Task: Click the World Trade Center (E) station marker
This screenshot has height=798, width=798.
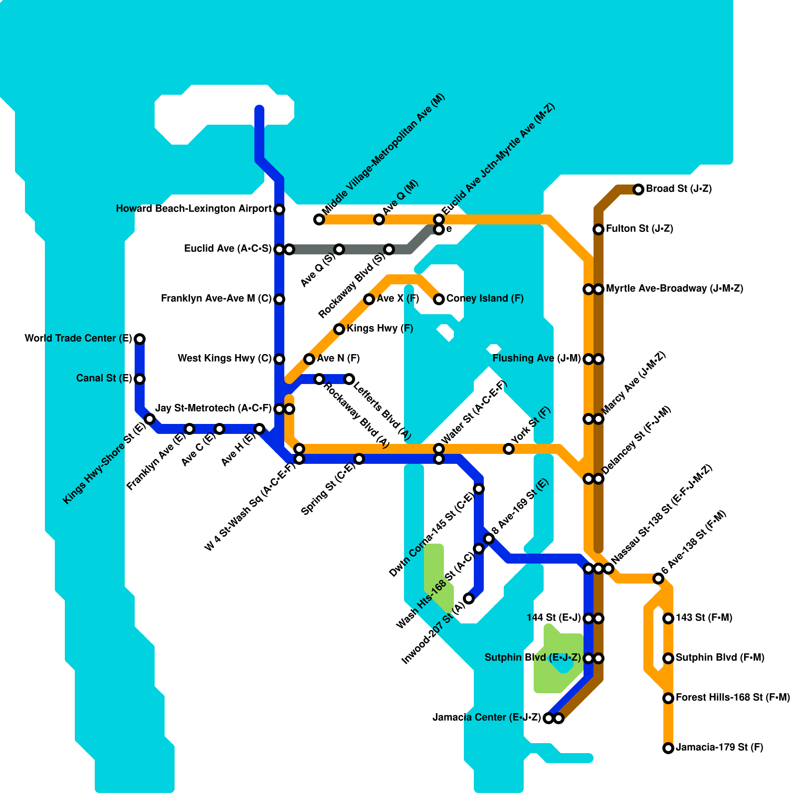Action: click(x=140, y=339)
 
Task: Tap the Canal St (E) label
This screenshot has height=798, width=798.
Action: click(x=104, y=379)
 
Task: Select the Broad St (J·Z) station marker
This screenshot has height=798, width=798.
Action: click(x=638, y=190)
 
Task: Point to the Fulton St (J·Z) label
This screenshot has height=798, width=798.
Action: click(x=639, y=229)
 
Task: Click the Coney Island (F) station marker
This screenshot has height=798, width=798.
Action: click(x=439, y=299)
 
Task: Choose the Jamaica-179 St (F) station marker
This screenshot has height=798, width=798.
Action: click(x=668, y=748)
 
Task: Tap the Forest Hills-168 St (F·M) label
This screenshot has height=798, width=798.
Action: click(x=733, y=698)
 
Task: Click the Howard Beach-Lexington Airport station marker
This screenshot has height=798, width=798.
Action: click(x=279, y=209)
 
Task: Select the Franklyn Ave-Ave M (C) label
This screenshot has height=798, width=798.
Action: click(x=216, y=299)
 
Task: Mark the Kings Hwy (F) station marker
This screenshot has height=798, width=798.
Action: click(x=339, y=329)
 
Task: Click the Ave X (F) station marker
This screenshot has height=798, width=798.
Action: click(x=369, y=299)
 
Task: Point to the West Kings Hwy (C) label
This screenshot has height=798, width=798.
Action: click(x=224, y=359)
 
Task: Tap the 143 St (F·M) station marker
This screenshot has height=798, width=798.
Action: click(x=668, y=618)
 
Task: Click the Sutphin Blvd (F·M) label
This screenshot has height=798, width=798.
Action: click(x=720, y=658)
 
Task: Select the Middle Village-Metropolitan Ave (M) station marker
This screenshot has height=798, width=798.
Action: click(x=319, y=219)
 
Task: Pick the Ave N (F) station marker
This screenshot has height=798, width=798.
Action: click(x=309, y=359)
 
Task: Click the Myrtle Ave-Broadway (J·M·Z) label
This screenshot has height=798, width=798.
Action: click(x=674, y=289)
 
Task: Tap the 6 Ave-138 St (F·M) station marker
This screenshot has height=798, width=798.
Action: click(x=658, y=579)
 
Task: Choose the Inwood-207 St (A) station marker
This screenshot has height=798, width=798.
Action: click(x=469, y=598)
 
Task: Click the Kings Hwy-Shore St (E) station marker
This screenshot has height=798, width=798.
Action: click(x=150, y=419)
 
